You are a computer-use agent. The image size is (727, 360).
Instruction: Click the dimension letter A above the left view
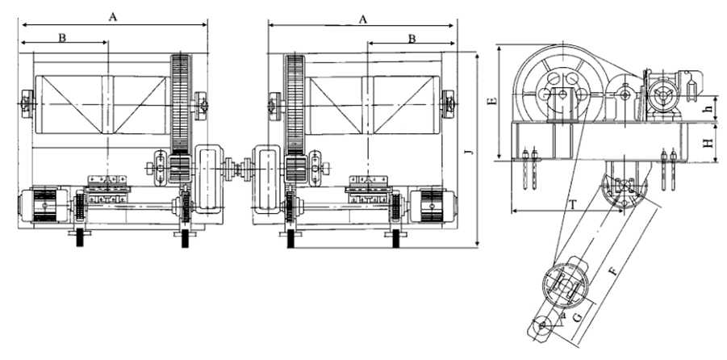coord(113,17)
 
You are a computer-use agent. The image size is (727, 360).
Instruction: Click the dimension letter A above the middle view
coord(363,19)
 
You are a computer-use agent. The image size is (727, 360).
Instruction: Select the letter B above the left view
coord(62,38)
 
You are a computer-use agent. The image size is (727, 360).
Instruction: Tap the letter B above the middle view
coord(412,39)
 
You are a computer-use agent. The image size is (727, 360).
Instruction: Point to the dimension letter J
coord(471,151)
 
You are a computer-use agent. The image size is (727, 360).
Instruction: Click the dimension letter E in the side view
coord(493,101)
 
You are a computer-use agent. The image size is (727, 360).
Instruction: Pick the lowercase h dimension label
coord(707,110)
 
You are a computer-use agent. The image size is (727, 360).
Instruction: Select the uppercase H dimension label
coord(708,144)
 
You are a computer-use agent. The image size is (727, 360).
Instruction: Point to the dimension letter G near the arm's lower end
coord(578,317)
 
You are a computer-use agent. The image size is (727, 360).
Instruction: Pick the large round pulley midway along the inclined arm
coord(565,284)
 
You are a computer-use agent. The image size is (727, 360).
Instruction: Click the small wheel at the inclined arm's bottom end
coord(541,326)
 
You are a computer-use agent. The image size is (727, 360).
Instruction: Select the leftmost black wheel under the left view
coord(80,238)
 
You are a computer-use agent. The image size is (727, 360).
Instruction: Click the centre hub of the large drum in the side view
coord(562,95)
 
